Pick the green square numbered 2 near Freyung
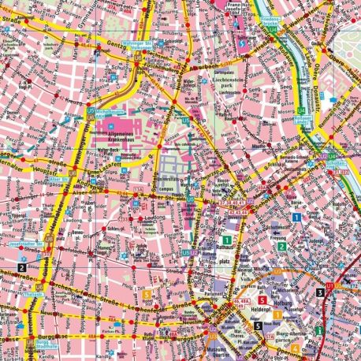(281, 247)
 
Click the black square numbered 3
(319, 292)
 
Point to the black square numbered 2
(19, 268)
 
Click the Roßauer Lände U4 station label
(302, 119)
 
